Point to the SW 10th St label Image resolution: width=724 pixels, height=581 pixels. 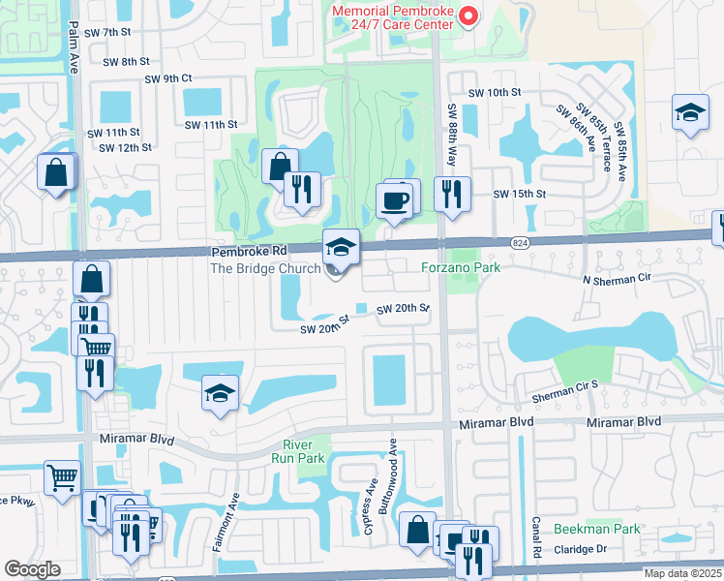tap(495, 93)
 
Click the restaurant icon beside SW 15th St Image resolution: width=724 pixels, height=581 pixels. tap(452, 194)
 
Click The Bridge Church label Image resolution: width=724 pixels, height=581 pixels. tap(265, 268)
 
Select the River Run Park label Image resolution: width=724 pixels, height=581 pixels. tap(303, 450)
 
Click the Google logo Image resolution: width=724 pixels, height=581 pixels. tap(32, 569)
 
